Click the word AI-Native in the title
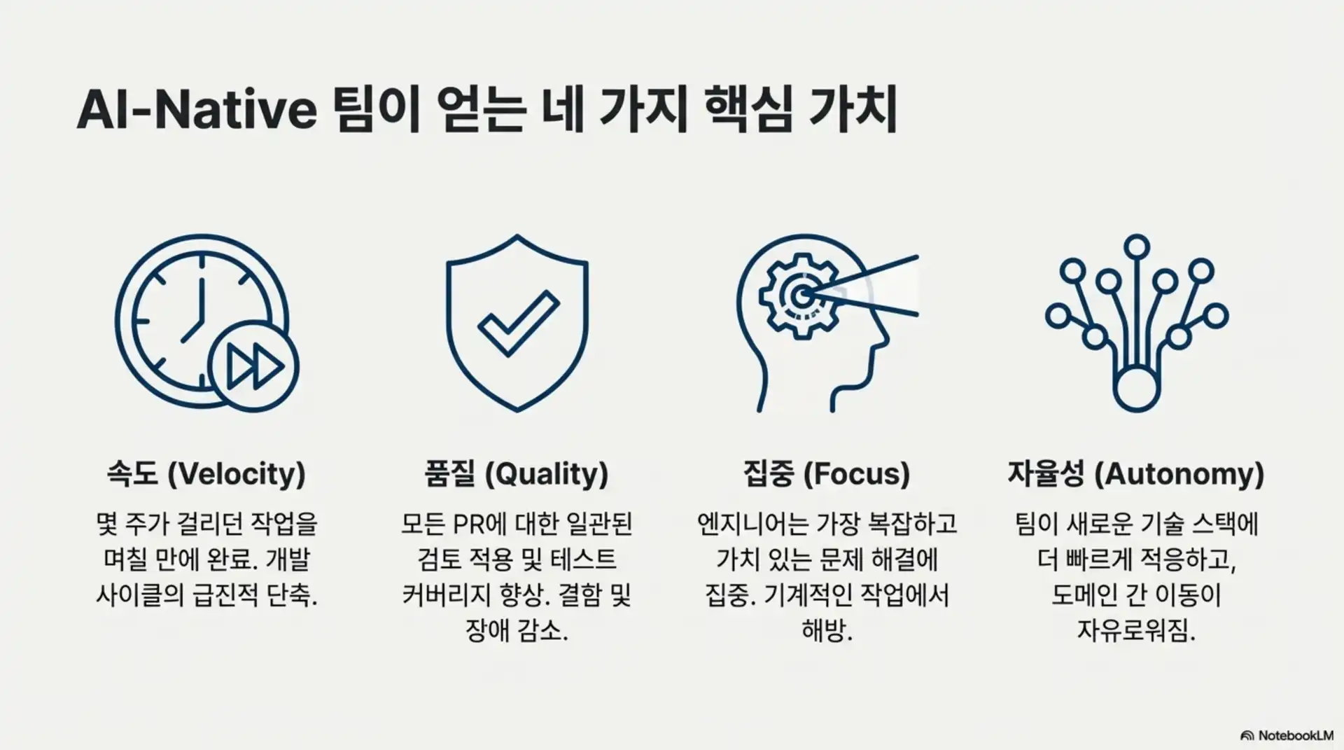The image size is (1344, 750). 197,110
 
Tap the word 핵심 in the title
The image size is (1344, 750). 747,110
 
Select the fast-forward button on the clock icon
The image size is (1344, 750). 253,366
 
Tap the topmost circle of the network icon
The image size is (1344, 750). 1137,247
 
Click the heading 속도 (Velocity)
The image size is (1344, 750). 206,474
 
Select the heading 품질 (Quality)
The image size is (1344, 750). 517,474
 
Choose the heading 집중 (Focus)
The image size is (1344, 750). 826,474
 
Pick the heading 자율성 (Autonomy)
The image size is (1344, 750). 1135,474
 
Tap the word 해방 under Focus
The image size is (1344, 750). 824,631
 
